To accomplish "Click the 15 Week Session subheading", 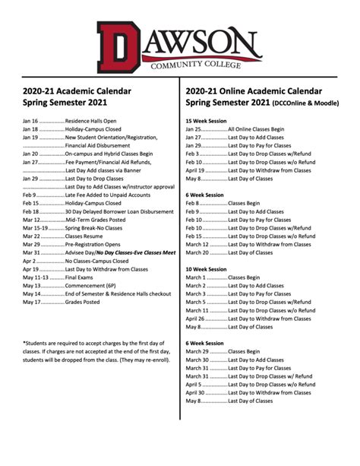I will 206,121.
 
